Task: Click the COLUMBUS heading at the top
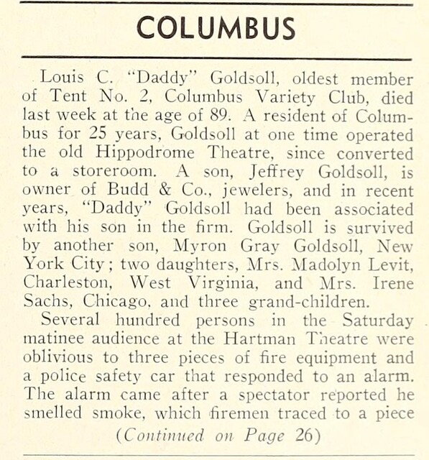pyautogui.click(x=215, y=28)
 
